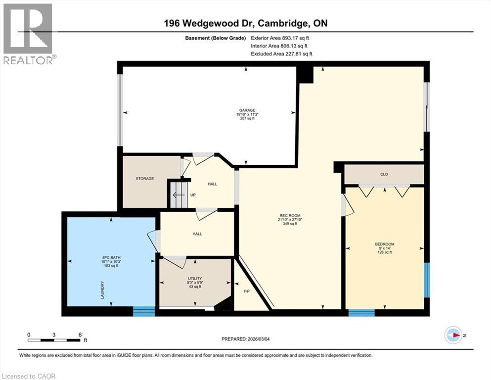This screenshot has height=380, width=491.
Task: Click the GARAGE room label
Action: click(x=247, y=110)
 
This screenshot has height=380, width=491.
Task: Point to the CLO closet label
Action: click(x=384, y=174)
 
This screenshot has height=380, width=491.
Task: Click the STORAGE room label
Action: click(x=145, y=179)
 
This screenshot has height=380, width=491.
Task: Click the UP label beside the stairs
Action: click(x=193, y=195)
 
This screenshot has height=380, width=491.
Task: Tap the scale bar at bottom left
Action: click(x=54, y=339)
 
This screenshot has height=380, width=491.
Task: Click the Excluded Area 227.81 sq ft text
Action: click(x=281, y=54)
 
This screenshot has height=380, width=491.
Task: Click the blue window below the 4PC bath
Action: click(x=144, y=311)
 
